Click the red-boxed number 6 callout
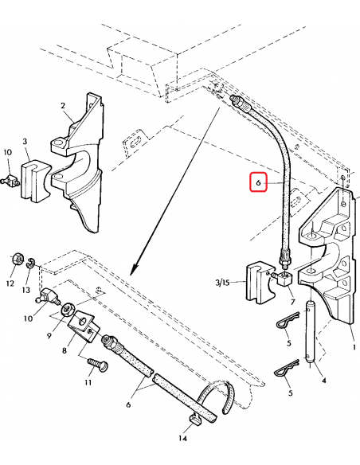tap(258, 182)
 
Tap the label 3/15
tap(222, 283)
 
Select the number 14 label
tap(183, 438)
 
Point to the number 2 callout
tap(63, 106)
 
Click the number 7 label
tap(292, 302)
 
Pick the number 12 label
tap(10, 283)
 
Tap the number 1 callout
tap(354, 347)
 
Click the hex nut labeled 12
tap(18, 260)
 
